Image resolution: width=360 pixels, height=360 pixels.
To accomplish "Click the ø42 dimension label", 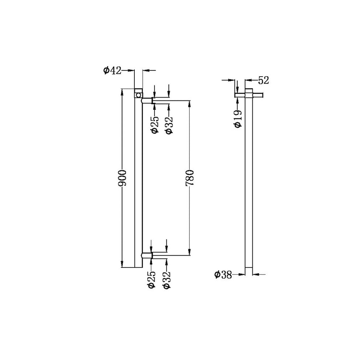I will (112, 71).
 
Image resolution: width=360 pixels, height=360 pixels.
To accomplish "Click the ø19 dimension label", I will (238, 118).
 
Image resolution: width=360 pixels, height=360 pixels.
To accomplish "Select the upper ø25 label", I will (154, 125).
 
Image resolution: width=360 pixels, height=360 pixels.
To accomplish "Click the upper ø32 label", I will (169, 125).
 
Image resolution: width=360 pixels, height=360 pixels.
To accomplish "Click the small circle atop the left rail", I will (138, 95).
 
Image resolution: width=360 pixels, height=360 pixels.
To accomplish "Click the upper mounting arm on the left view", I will (147, 100).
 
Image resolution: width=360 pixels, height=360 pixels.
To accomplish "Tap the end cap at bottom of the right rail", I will (249, 271).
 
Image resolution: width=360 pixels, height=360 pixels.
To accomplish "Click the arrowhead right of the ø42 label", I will (132, 71).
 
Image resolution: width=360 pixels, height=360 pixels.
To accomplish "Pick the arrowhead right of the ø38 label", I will (242, 275).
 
